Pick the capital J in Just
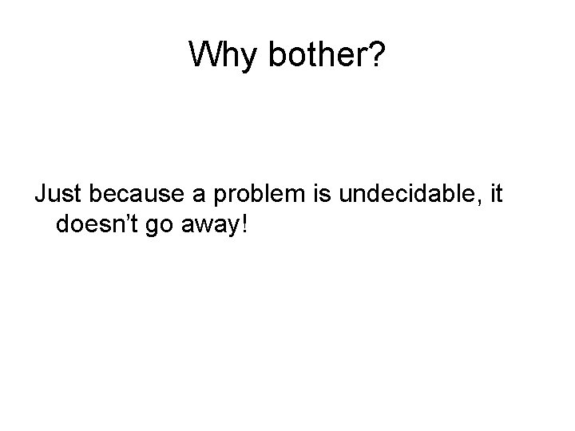[39, 195]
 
